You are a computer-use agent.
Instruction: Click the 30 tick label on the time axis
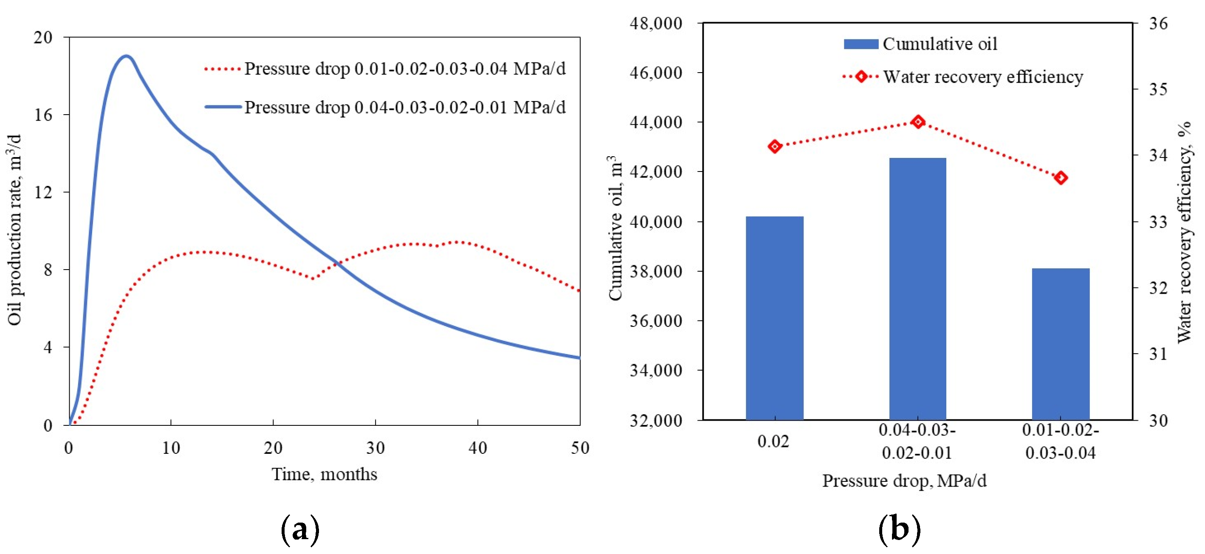(375, 448)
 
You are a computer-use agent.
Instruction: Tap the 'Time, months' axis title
(324, 474)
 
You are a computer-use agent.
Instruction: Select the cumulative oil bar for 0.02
(774, 318)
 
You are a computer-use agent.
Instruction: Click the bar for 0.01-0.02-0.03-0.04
(1061, 343)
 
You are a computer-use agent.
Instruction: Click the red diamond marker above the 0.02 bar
(775, 146)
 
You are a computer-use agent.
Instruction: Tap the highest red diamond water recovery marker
(918, 122)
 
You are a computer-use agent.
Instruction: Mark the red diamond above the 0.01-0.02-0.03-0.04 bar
(1061, 177)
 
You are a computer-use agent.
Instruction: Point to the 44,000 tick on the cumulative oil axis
(655, 122)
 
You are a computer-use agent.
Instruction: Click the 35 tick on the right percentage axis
(1158, 89)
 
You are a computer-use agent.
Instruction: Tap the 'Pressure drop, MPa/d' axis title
(904, 481)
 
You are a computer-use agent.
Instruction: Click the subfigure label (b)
(899, 529)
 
